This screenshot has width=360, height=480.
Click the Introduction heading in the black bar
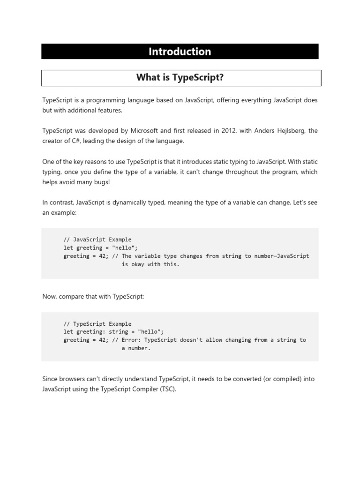click(x=180, y=52)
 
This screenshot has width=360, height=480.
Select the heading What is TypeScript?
click(x=180, y=78)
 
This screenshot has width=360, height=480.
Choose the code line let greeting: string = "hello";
click(x=113, y=332)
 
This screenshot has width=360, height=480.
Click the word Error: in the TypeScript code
click(x=133, y=340)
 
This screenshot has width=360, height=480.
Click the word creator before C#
click(x=53, y=141)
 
